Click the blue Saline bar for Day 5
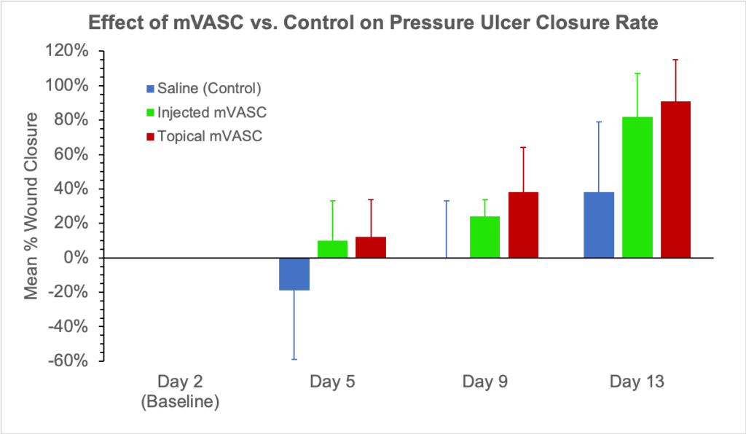(x=294, y=274)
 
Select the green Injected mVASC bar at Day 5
(x=332, y=249)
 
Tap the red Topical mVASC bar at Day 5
(x=371, y=248)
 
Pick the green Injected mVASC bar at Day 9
(x=484, y=237)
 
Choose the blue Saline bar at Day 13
(x=599, y=225)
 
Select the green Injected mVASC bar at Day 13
(x=637, y=187)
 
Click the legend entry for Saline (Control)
(x=204, y=89)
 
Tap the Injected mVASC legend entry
(x=201, y=112)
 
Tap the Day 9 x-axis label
(x=484, y=382)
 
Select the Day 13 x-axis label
(x=637, y=382)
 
